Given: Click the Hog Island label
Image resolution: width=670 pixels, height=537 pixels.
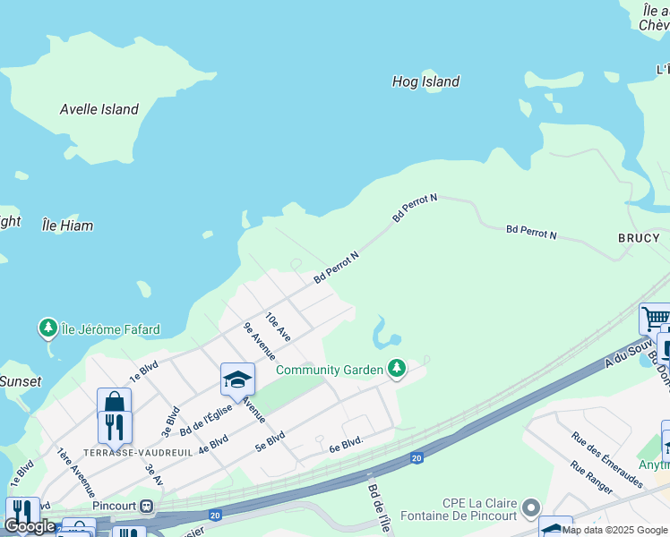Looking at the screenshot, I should click(x=425, y=81).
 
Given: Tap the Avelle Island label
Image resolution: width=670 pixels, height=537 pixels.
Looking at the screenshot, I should click(x=99, y=109).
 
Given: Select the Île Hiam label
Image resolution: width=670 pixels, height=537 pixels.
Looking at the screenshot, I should click(x=67, y=226).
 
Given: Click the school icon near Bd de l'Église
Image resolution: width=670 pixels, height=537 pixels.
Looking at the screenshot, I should click(x=237, y=379).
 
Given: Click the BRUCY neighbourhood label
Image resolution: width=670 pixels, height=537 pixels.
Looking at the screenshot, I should click(x=638, y=238).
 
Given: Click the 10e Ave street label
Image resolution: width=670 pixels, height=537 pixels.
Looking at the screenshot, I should click(x=279, y=327).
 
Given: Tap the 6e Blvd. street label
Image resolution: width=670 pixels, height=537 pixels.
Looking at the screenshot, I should click(x=346, y=442).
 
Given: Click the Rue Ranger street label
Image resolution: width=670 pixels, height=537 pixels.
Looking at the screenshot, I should click(x=591, y=478).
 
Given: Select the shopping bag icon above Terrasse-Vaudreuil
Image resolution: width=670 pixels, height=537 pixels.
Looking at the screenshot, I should click(x=114, y=403).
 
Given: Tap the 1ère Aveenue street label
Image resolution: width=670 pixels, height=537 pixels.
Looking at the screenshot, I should click(x=76, y=473).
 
